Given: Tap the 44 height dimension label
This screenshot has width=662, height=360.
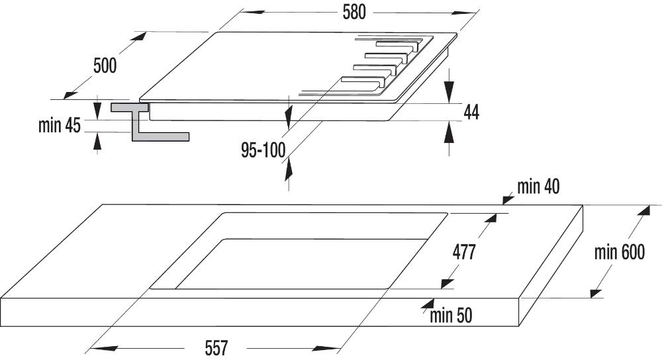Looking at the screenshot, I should point(471,112).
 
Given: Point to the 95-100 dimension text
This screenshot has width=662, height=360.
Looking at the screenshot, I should point(263,151).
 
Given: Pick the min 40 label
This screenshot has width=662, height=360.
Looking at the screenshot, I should point(538,187).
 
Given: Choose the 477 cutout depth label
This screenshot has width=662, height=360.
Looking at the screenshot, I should point(464,252).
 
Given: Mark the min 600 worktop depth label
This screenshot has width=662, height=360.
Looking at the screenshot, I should point(618,252).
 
